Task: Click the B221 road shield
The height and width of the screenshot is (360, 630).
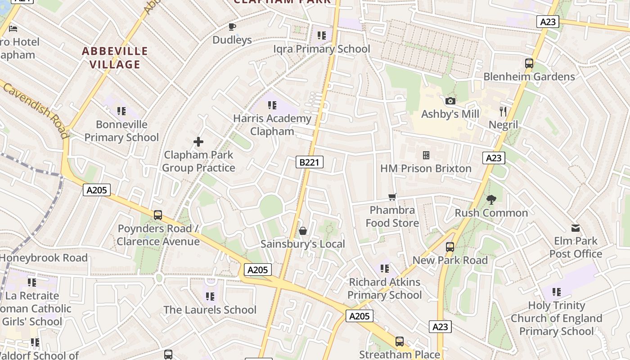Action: pos(309,162)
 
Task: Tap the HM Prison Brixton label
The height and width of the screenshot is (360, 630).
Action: pos(426,169)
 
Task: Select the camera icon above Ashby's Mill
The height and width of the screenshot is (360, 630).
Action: pos(450,101)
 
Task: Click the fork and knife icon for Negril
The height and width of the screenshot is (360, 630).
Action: pos(503,112)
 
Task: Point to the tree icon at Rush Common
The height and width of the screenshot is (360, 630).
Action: pos(491,199)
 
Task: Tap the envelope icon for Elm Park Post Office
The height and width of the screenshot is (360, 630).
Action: pos(576,228)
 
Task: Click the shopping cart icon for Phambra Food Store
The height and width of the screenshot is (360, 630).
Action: pos(392,197)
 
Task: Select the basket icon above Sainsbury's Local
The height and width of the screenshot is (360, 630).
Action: pos(303,231)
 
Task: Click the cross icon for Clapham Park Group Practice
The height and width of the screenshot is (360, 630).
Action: pos(198,142)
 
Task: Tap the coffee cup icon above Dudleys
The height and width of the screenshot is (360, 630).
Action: pos(232,27)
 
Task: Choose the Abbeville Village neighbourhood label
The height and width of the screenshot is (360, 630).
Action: pos(115,58)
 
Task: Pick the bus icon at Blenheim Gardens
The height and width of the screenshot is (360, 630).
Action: pos(529,63)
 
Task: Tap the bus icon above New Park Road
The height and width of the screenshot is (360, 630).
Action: pos(450,247)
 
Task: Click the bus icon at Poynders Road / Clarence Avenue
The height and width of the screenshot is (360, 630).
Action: pos(158,215)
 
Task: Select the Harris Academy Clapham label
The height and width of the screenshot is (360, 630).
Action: pos(272,125)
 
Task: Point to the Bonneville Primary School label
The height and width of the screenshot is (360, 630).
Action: pos(121,131)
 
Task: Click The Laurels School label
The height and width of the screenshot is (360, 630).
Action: pos(210,310)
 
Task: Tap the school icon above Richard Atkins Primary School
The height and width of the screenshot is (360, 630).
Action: pos(384,269)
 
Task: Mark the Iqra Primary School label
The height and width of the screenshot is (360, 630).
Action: pos(321,49)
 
